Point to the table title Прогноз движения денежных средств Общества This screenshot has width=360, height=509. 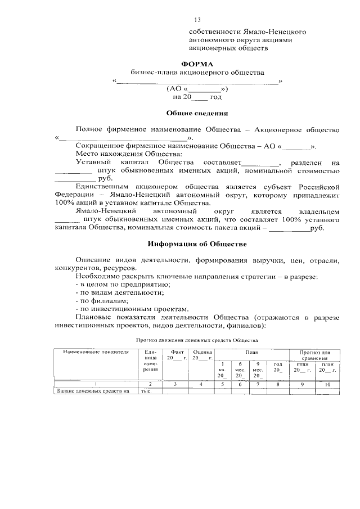(x=196, y=340)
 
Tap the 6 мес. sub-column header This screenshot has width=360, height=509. (x=240, y=370)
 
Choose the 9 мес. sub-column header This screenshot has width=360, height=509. (x=258, y=370)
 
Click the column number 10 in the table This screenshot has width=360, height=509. (x=326, y=384)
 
